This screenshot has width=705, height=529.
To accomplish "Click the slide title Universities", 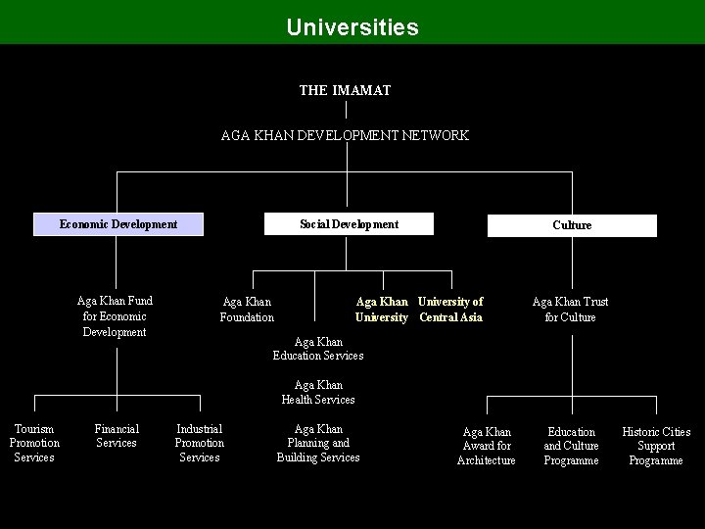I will (x=352, y=25).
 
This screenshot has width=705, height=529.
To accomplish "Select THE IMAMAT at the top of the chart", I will (x=345, y=90).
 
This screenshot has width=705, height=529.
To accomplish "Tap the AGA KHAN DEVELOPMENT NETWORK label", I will (x=345, y=135).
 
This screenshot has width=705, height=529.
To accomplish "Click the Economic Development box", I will (x=118, y=224).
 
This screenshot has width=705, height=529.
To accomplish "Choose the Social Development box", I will (x=349, y=224).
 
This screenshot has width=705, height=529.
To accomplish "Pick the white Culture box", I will (x=572, y=225).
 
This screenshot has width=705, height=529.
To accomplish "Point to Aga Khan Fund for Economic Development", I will (x=115, y=316).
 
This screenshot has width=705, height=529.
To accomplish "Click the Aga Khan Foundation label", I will (x=247, y=310).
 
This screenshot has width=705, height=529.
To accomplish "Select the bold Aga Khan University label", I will (x=382, y=310).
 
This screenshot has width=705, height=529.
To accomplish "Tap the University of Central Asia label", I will (x=450, y=310).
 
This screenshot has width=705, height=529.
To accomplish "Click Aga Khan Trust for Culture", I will (x=570, y=310).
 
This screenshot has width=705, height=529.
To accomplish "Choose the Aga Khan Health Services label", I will (x=318, y=392).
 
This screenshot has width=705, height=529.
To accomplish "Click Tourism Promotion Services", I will (x=34, y=443).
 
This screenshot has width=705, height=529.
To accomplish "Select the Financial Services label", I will (x=117, y=436).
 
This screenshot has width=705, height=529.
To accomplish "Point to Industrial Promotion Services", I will (x=199, y=443).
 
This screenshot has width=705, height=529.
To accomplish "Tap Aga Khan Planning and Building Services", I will (x=318, y=443).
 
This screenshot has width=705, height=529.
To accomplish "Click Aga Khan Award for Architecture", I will (x=487, y=446).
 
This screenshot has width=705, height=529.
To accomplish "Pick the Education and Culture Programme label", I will (x=571, y=446).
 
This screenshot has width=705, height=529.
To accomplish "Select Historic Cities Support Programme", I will (x=656, y=446).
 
